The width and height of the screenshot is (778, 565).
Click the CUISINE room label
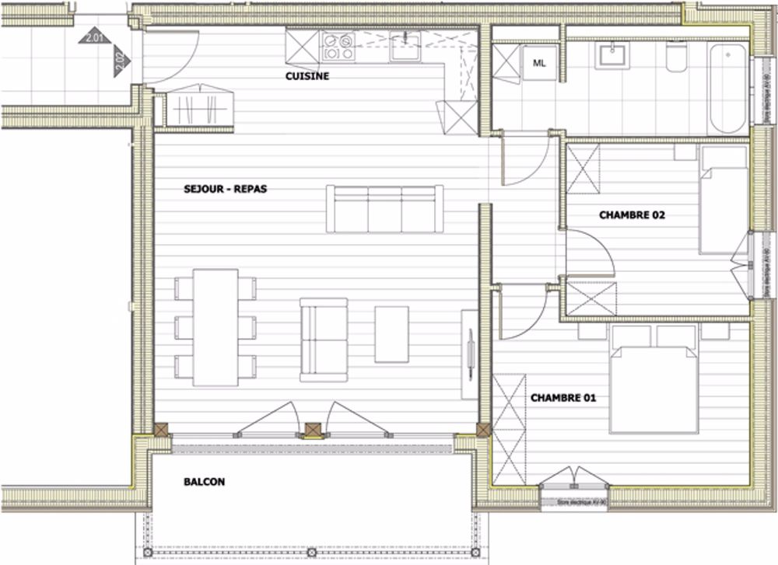click(307, 76)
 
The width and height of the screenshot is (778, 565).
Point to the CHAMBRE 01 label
click(563, 398)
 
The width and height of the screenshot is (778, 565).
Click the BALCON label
click(205, 482)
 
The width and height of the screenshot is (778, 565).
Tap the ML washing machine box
click(539, 64)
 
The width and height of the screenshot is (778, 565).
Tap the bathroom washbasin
click(608, 56)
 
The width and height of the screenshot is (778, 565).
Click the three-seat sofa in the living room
click(384, 209)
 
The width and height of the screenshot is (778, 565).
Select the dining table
click(216, 326)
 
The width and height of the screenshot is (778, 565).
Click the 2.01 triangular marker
click(96, 35)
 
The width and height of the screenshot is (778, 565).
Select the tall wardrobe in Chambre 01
click(510, 428)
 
